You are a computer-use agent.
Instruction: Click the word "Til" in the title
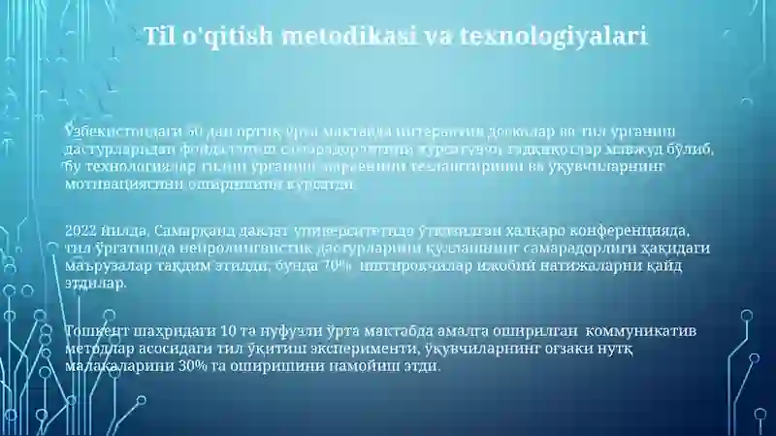(x=161, y=38)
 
